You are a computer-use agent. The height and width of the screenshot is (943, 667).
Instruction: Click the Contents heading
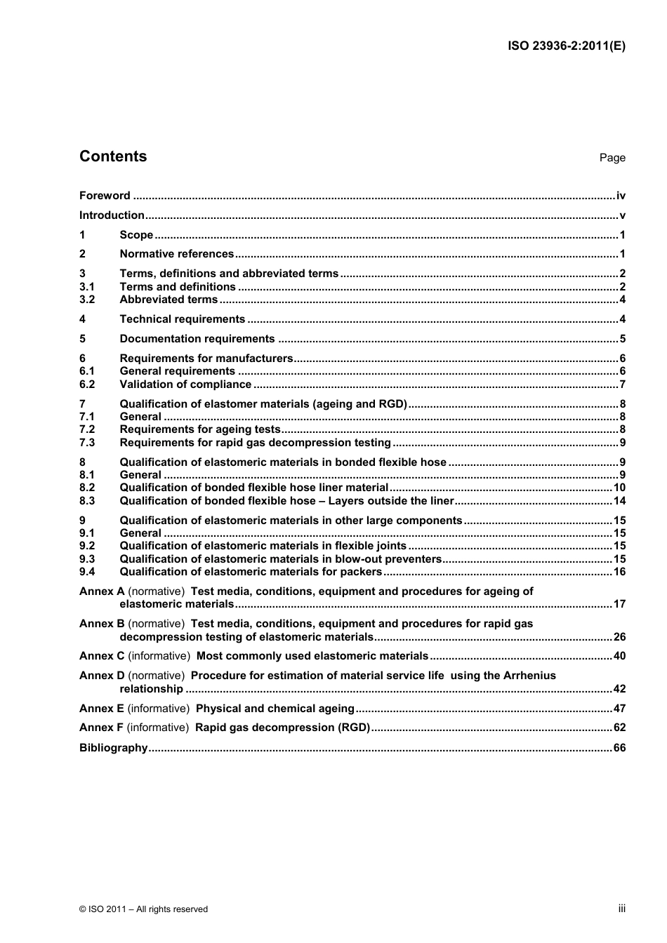pyautogui.click(x=113, y=156)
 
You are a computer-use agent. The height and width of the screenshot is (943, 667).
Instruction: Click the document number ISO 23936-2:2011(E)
pyautogui.click(x=566, y=46)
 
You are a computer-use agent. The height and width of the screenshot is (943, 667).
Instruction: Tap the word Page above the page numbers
pyautogui.click(x=612, y=158)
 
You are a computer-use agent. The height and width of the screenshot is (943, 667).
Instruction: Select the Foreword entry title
pyautogui.click(x=105, y=196)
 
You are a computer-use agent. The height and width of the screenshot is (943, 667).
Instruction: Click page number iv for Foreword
pyautogui.click(x=621, y=196)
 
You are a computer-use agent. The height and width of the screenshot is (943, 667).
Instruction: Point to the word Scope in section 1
pyautogui.click(x=136, y=235)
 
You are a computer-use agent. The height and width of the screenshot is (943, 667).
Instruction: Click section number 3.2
pyautogui.click(x=87, y=300)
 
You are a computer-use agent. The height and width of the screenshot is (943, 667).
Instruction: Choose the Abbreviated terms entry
pyautogui.click(x=169, y=300)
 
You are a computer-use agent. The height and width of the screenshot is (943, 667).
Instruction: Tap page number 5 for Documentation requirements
pyautogui.click(x=622, y=339)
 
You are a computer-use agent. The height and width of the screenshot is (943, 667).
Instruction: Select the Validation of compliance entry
pyautogui.click(x=185, y=384)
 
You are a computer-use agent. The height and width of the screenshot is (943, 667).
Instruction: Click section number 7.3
pyautogui.click(x=87, y=443)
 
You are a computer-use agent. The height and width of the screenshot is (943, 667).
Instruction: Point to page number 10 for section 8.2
pyautogui.click(x=619, y=488)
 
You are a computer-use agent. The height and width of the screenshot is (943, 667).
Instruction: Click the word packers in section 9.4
pyautogui.click(x=360, y=572)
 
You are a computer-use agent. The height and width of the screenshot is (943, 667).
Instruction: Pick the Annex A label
pyautogui.click(x=102, y=591)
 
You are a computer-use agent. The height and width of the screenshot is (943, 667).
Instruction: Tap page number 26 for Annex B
pyautogui.click(x=619, y=637)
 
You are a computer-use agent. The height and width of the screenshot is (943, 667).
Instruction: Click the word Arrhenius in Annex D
pyautogui.click(x=529, y=676)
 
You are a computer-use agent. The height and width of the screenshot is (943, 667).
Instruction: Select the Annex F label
pyautogui.click(x=101, y=728)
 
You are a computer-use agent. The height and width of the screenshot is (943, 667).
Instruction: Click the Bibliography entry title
pyautogui.click(x=114, y=748)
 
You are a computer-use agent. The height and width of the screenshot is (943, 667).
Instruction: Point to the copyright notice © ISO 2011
pyautogui.click(x=143, y=909)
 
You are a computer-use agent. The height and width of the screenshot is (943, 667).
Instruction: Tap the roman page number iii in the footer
pyautogui.click(x=621, y=909)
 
